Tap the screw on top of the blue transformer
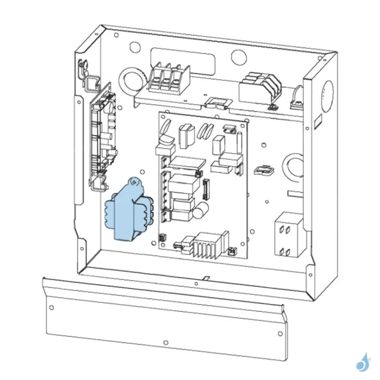click(x=134, y=182)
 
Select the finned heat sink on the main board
click(x=207, y=244)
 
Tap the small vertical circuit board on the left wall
click(x=104, y=136)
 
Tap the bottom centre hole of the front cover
click(x=165, y=343)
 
